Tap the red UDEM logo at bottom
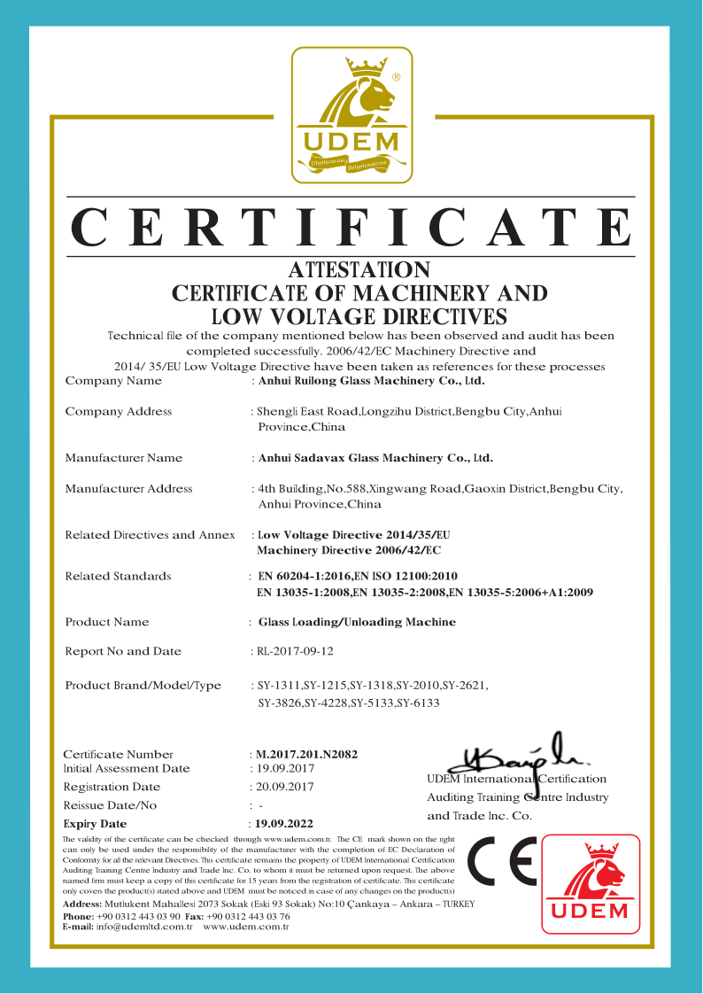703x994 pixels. tap(591, 883)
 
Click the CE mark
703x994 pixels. tap(502, 862)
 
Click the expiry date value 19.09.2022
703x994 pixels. tap(284, 823)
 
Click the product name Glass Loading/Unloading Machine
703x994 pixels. tap(357, 622)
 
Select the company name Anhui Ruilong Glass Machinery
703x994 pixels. tap(370, 381)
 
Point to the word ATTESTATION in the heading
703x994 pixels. tap(359, 269)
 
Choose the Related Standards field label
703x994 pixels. tap(118, 577)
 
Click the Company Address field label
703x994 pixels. tap(119, 411)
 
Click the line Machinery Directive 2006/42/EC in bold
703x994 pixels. tap(348, 550)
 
